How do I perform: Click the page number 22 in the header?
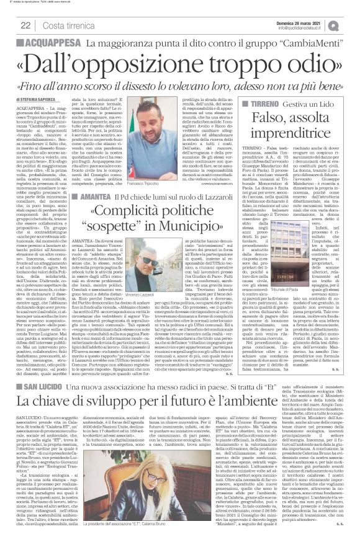25,25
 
